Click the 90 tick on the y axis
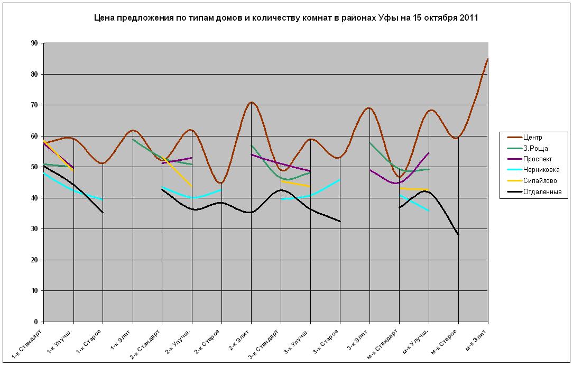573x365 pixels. pyautogui.click(x=34, y=43)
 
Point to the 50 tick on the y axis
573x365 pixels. pyautogui.click(x=34, y=167)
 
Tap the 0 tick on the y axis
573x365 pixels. pyautogui.click(x=36, y=322)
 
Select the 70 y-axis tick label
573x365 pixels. pyautogui.click(x=34, y=105)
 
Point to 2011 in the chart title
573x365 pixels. pyautogui.click(x=468, y=18)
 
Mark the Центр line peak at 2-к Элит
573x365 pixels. pyautogui.click(x=251, y=102)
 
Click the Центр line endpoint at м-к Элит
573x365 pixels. pyautogui.click(x=487, y=59)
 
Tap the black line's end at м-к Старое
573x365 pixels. pyautogui.click(x=458, y=235)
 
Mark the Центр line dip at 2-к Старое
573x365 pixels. pyautogui.click(x=221, y=183)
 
